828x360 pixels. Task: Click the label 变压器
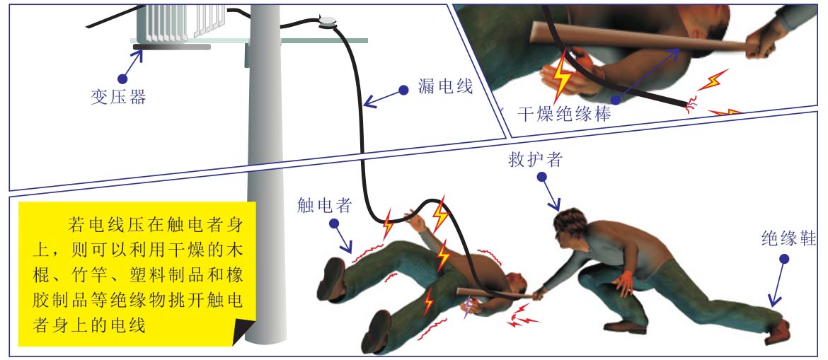point(118,98)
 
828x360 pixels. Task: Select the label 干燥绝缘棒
point(563,114)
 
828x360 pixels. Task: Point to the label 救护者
point(536,160)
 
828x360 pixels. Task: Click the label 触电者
point(324,205)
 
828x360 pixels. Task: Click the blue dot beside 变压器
point(122,79)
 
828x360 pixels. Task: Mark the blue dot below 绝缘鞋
point(784,259)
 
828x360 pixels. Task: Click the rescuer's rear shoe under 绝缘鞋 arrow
point(778,332)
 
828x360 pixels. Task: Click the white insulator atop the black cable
point(328,22)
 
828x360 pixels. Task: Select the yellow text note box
point(137,274)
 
